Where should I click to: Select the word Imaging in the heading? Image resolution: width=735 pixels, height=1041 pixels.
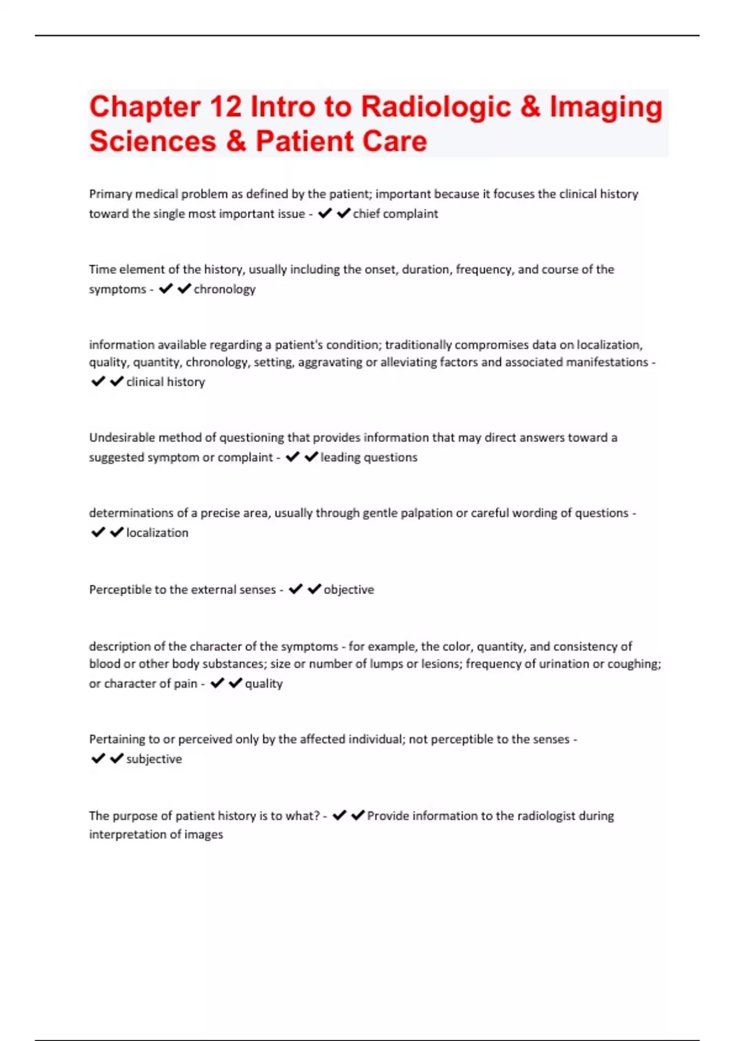[606, 108]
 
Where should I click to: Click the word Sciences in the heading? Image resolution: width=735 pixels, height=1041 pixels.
[153, 141]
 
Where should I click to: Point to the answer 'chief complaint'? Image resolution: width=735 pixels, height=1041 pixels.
[395, 214]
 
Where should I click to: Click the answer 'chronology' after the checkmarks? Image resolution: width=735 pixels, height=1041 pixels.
[224, 289]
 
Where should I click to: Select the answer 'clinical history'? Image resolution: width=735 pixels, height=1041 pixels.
[165, 382]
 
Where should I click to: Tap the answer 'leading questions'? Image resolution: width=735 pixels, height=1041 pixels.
[369, 457]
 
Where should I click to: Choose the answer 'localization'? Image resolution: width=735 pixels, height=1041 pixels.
[157, 533]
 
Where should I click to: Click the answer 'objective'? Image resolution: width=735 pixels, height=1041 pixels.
[349, 590]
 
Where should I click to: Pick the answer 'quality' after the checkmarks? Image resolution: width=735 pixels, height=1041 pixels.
[263, 683]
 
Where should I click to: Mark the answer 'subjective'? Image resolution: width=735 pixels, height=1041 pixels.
[154, 759]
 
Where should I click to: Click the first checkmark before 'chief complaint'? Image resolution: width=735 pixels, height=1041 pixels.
[325, 213]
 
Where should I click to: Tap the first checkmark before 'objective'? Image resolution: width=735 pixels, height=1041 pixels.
[296, 589]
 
